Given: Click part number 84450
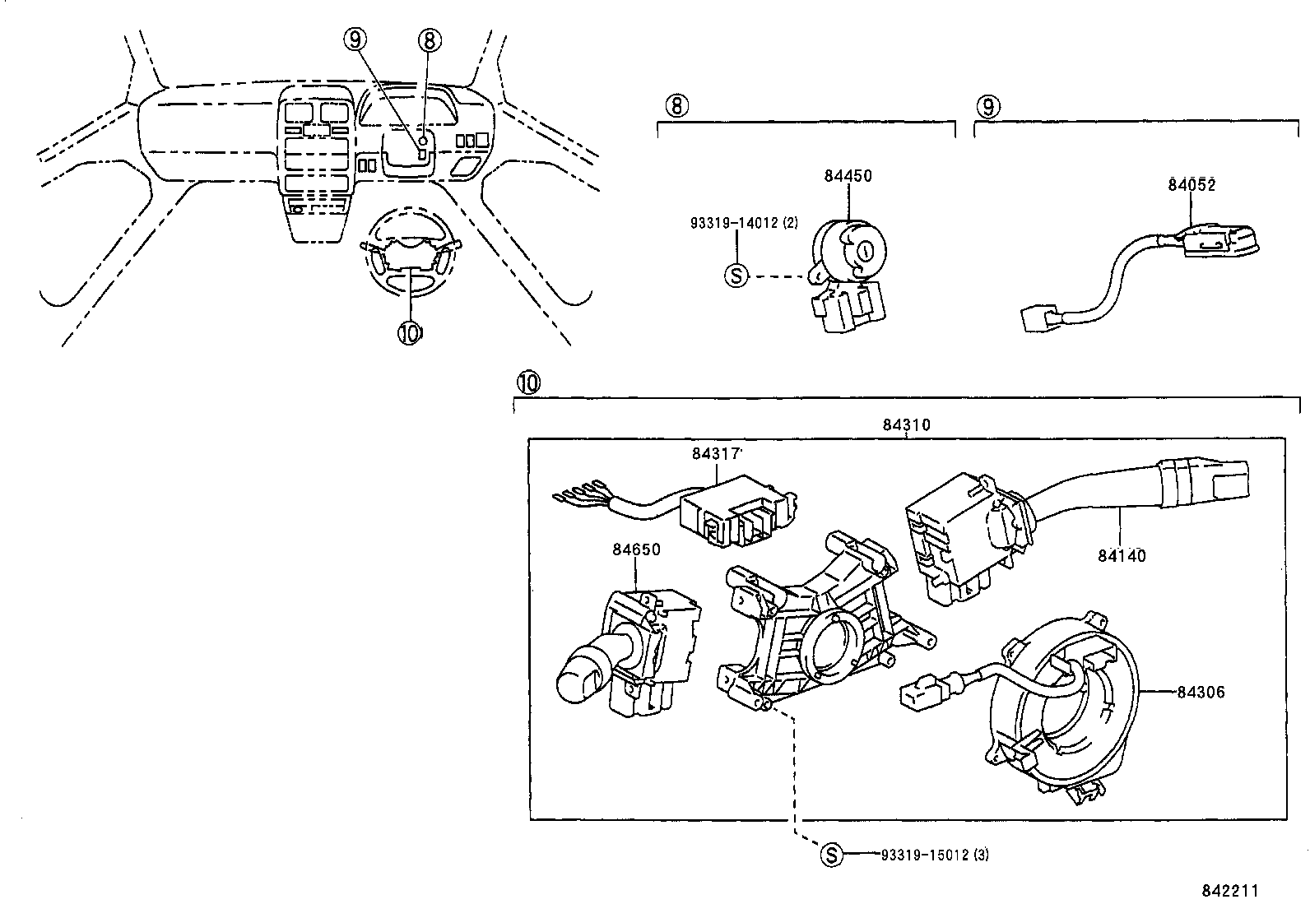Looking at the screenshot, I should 848,176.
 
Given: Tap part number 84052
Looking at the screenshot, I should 1191,185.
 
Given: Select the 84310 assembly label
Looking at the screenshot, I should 906,425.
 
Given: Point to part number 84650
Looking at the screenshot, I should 635,549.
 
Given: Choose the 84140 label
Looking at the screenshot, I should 1121,556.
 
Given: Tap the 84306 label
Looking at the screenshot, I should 1201,693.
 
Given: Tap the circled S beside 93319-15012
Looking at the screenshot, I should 832,855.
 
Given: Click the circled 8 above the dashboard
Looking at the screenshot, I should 430,39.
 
